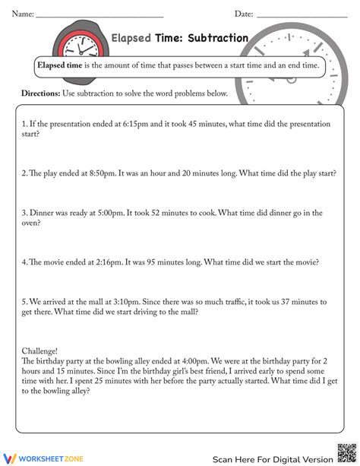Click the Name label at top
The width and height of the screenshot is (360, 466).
22,14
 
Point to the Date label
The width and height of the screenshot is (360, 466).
243,14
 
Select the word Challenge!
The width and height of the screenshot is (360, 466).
39,351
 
